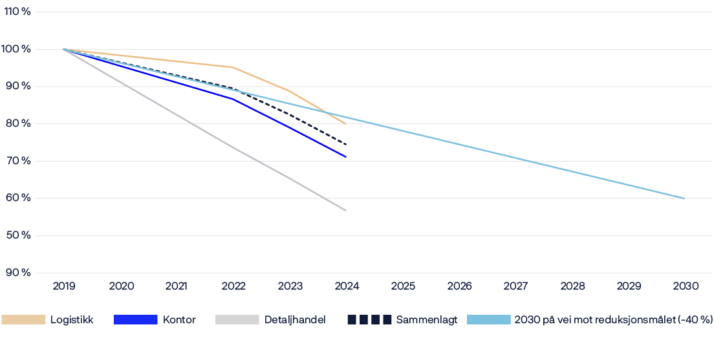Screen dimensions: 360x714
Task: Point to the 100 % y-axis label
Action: (17, 49)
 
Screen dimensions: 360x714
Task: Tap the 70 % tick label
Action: (17, 161)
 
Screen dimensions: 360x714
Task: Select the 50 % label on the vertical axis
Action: (17, 235)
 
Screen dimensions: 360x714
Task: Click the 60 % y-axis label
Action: (17, 198)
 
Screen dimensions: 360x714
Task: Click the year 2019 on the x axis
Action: (64, 285)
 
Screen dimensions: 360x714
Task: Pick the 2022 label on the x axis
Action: (233, 285)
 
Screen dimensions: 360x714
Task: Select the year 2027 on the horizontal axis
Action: (515, 285)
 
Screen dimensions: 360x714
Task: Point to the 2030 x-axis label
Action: (684, 285)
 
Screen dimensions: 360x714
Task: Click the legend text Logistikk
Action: (72, 320)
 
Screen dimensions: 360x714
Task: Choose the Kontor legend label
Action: (180, 320)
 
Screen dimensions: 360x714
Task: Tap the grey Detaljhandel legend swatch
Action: (237, 320)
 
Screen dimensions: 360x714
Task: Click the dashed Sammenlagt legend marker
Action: (369, 320)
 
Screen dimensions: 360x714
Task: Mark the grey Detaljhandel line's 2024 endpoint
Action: (346, 210)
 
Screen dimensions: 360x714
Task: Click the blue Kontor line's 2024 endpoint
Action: (346, 156)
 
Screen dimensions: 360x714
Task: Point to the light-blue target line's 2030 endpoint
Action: (684, 198)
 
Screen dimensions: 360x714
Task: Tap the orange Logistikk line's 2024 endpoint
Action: (346, 124)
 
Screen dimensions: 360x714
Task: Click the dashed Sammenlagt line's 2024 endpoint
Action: (346, 144)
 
